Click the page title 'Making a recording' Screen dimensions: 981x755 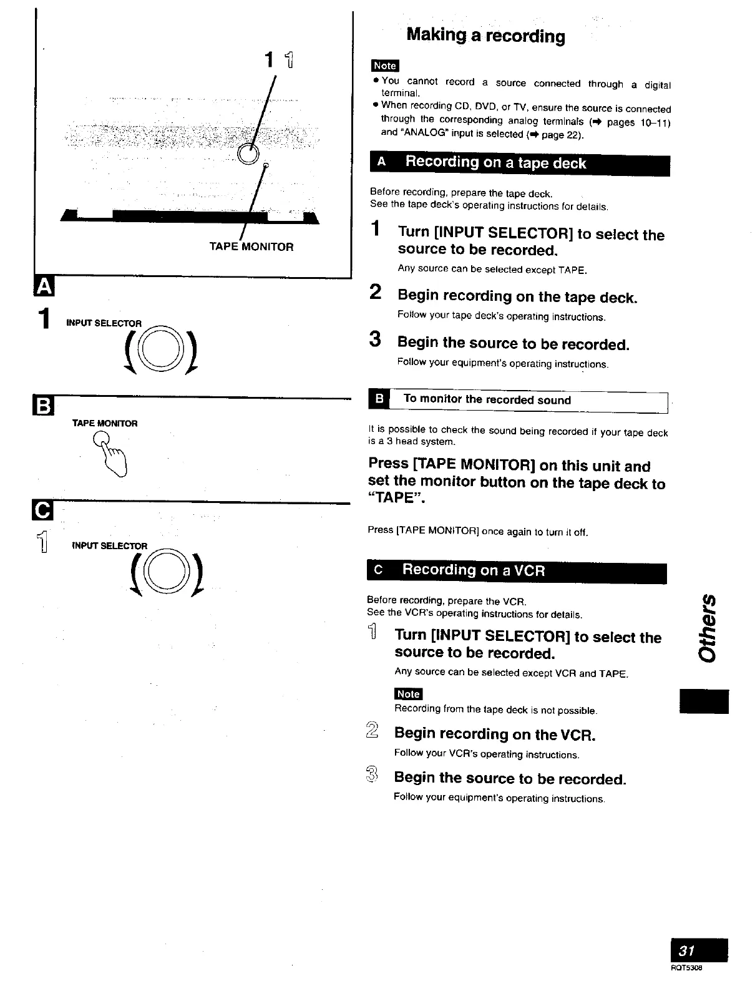click(485, 36)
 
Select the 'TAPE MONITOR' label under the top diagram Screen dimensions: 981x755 click(251, 246)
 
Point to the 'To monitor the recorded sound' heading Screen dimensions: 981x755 click(487, 399)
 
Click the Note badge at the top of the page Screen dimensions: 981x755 click(384, 66)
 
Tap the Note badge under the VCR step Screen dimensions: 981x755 click(408, 694)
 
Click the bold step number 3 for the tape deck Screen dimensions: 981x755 click(375, 340)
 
